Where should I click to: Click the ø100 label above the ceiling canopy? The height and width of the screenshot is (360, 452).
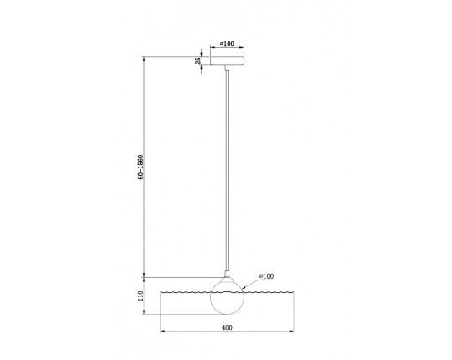[227, 44]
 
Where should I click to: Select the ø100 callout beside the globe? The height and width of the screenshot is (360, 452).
[266, 276]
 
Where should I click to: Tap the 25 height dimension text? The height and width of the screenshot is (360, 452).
[198, 61]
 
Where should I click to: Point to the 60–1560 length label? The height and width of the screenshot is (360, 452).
[141, 167]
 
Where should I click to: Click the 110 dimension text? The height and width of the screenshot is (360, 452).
[141, 296]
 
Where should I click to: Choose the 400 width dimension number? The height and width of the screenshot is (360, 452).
[227, 327]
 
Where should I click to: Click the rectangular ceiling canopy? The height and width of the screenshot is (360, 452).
[227, 61]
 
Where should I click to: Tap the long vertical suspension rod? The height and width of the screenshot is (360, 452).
[227, 171]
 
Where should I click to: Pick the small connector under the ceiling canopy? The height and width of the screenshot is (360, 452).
[227, 68]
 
